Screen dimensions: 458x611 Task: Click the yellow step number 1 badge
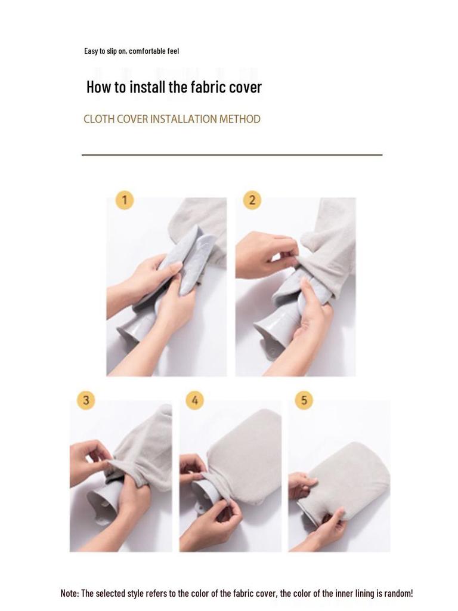click(125, 200)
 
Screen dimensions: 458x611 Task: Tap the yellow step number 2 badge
click(252, 200)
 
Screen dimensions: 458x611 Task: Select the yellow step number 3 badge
click(86, 400)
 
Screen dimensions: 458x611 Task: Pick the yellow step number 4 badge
click(195, 400)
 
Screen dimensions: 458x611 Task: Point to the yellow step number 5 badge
click(304, 400)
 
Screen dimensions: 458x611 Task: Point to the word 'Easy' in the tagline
click(91, 51)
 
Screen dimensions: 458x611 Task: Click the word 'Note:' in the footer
click(70, 594)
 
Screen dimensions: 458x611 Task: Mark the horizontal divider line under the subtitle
click(232, 155)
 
